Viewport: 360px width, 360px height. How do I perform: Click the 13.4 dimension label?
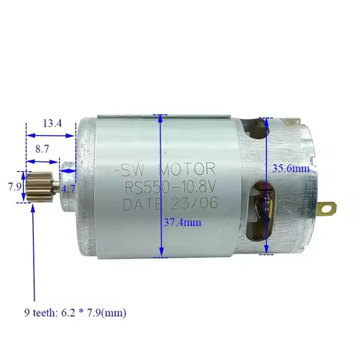52,123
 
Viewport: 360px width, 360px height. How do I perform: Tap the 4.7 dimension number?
69,189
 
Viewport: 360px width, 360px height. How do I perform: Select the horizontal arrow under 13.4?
51,136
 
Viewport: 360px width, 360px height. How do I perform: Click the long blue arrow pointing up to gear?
33,255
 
